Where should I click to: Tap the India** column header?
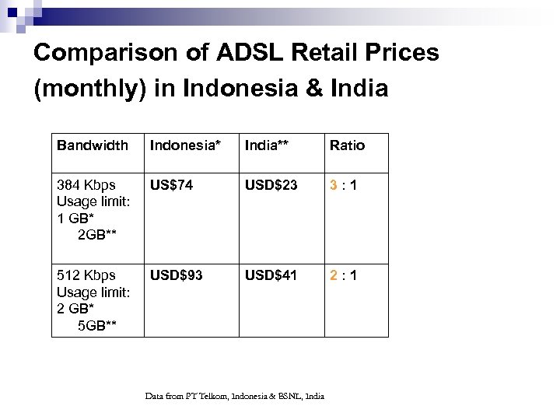pos(271,145)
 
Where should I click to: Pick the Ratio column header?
pos(347,145)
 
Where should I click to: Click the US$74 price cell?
pos(172,185)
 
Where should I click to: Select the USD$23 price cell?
pos(271,185)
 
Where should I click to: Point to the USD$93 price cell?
pos(176,275)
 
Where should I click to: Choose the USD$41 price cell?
pos(271,275)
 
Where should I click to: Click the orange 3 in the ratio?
pos(334,185)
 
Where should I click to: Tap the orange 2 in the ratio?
pos(334,275)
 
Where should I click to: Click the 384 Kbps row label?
pos(86,185)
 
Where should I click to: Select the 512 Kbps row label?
pos(86,275)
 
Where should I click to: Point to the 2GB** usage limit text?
pos(97,235)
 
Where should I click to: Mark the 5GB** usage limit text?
pos(97,325)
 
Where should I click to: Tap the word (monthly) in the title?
pos(90,89)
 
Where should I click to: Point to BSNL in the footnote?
pos(289,397)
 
